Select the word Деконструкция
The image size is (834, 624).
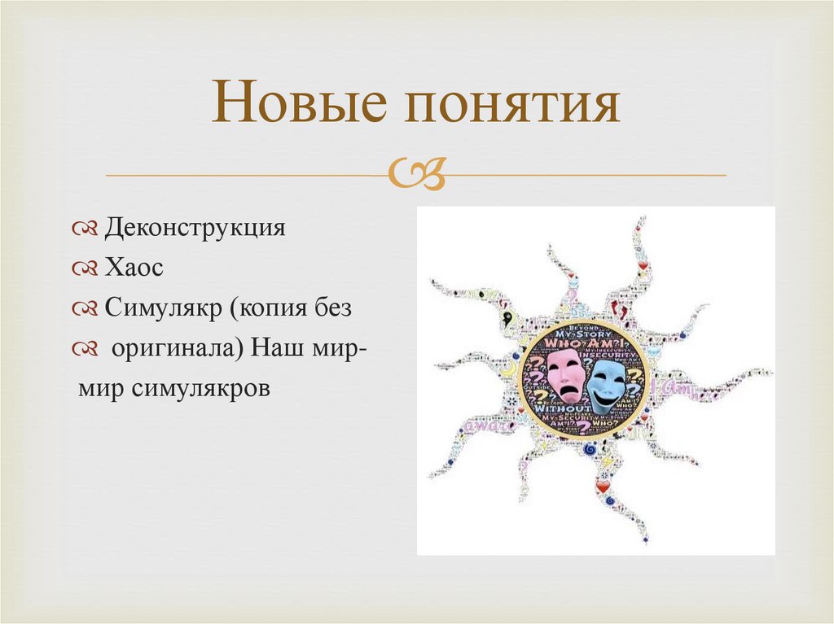[195, 227]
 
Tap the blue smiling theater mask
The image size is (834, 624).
[606, 383]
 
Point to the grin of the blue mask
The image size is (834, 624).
[607, 397]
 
